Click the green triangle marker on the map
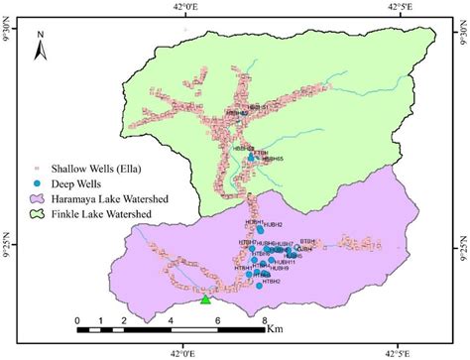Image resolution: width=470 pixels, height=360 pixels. (x=205, y=299)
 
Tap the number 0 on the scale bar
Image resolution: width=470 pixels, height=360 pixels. (x=78, y=320)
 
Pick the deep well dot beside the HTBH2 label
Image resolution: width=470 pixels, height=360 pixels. (x=259, y=286)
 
